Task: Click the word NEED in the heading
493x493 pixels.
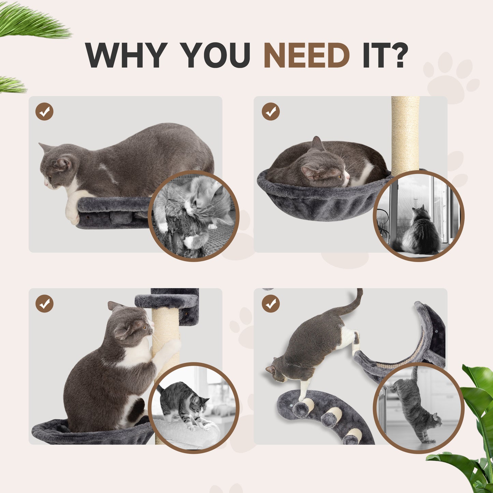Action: (306, 55)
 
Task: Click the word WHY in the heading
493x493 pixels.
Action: (126, 55)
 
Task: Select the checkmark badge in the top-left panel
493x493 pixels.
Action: (44, 112)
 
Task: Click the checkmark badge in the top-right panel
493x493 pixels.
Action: (271, 112)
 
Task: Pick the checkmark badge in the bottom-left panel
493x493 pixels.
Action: (44, 304)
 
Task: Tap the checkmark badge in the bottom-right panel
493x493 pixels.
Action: (271, 304)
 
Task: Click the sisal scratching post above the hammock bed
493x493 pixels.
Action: (405, 133)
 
